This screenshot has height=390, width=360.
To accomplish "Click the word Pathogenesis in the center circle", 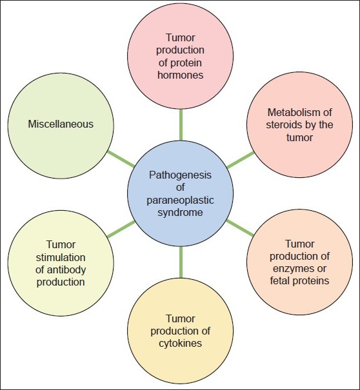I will pos(179,175).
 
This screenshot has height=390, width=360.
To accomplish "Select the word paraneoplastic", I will pos(179,199).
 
